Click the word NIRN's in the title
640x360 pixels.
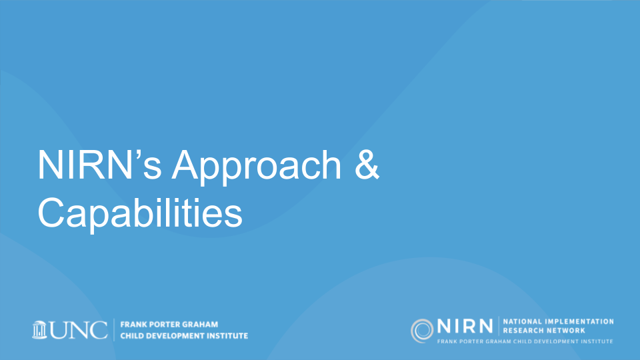99,165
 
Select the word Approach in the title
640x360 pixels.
256,168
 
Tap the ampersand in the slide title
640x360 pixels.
367,165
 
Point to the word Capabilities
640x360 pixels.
140,213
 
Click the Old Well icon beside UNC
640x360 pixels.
39,330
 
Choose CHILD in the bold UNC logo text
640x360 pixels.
132,336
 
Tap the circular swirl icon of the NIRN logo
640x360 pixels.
422,331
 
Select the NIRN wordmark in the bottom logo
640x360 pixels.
465,327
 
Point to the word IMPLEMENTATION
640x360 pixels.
579,321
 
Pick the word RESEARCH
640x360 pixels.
521,331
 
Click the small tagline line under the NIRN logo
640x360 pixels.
525,341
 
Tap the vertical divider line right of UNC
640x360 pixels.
114,330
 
